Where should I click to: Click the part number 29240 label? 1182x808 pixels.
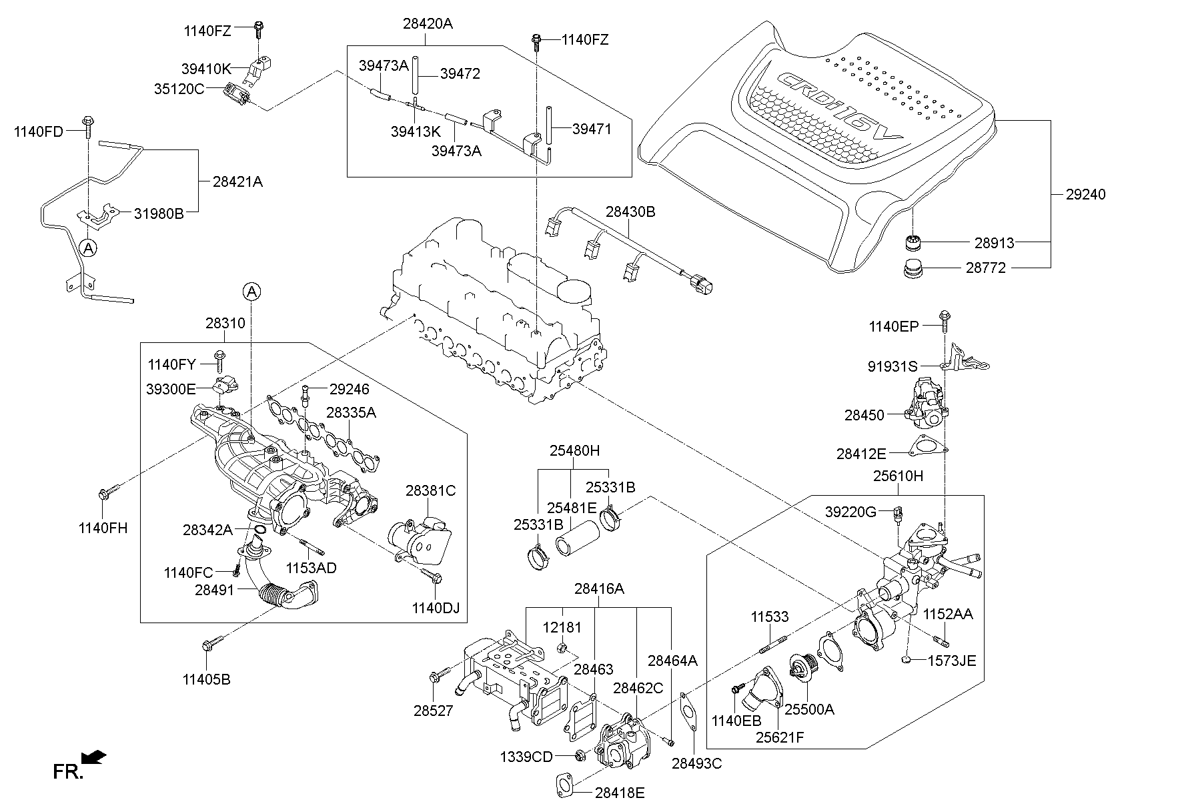(x=1086, y=195)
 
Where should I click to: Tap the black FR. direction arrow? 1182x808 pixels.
(x=93, y=757)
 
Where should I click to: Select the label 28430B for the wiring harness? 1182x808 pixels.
(x=630, y=212)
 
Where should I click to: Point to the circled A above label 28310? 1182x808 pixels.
(x=251, y=291)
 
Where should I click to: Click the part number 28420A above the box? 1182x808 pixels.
(x=428, y=24)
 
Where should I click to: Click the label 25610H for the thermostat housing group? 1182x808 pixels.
(x=899, y=476)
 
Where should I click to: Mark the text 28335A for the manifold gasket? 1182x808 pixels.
(x=351, y=413)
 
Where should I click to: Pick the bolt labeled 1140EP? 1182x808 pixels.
(x=945, y=320)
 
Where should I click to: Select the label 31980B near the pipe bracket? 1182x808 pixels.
(x=159, y=214)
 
